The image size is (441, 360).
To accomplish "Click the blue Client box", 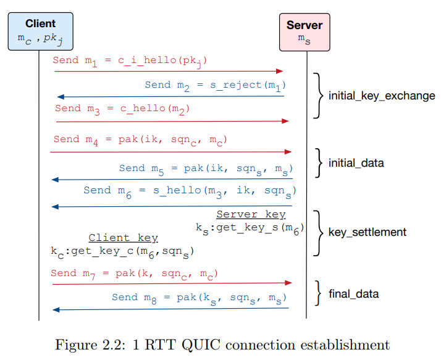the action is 41,31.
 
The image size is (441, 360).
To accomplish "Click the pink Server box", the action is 304,32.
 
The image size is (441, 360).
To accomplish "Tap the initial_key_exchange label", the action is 382,96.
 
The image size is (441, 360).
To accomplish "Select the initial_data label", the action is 356,163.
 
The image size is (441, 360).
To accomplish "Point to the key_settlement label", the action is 367,232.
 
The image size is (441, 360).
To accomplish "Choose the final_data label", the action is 353,294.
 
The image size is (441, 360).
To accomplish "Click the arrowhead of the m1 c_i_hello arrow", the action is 279,71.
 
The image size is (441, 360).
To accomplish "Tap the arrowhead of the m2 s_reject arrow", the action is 61,97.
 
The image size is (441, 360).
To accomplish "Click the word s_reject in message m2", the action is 236,85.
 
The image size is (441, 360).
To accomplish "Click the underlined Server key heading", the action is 251,214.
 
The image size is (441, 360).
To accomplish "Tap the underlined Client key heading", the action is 123,238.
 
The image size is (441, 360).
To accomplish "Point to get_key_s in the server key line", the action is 247,227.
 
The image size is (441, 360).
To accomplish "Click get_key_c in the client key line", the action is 103,251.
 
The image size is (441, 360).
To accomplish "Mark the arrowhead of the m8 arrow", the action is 56,310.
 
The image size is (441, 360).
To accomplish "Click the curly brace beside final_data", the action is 318,293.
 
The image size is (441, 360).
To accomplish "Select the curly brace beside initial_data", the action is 319,163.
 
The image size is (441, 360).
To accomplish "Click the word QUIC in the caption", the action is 201,345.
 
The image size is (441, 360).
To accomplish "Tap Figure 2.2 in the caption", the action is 90,345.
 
